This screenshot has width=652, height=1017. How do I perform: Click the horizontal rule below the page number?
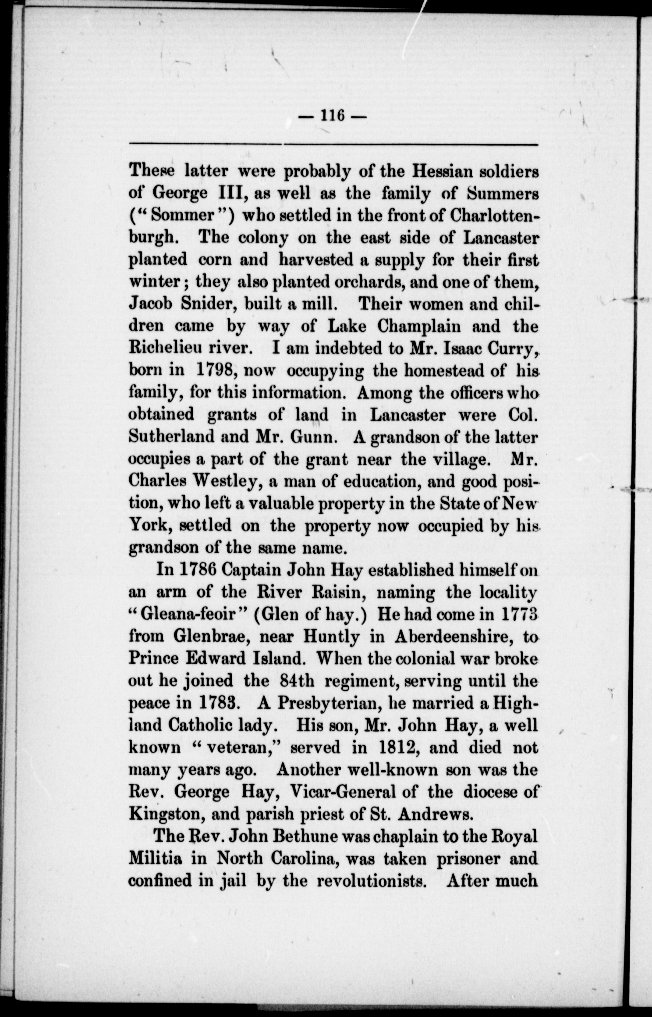(x=333, y=144)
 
